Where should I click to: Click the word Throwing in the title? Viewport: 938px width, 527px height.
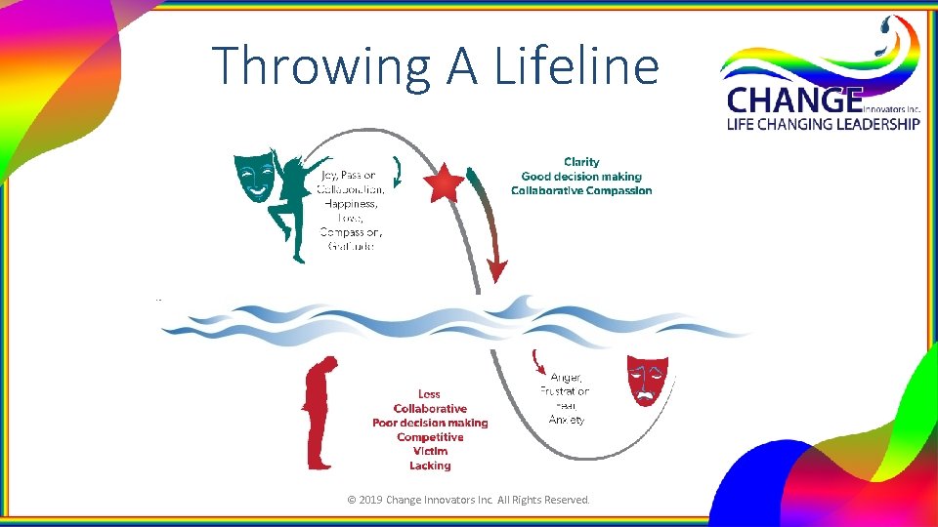322,66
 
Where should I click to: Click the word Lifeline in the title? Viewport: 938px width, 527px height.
577,66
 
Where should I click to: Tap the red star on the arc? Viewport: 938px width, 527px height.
446,182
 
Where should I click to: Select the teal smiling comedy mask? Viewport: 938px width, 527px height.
253,175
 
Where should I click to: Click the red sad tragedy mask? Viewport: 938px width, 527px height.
647,380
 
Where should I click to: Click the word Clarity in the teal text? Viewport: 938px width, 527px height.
581,162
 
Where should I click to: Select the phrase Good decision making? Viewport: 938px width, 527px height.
581,177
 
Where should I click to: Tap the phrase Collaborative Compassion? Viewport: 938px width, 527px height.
581,190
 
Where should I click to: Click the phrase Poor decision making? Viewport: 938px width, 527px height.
430,423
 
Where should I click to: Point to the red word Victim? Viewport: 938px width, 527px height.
430,451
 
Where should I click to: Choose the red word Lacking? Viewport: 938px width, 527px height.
430,466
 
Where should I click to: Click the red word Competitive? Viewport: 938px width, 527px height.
430,437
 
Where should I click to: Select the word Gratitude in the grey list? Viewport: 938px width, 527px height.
351,246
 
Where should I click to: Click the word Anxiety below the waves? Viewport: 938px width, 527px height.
566,420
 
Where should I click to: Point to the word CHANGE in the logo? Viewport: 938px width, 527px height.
793,101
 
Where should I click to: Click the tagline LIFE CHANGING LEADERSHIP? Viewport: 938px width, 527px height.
821,124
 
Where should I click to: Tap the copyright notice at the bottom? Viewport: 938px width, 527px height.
469,500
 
